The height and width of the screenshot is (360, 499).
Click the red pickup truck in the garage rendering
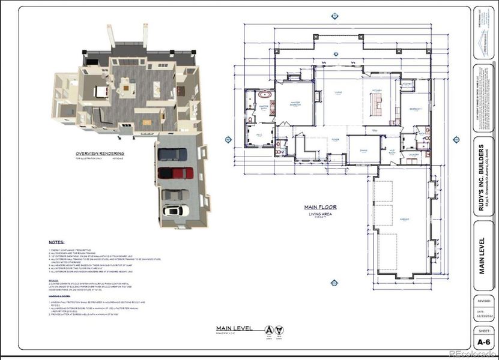[x=175, y=173]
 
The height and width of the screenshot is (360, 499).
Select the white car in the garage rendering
[x=175, y=211]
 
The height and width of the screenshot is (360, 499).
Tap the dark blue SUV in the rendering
[x=173, y=154]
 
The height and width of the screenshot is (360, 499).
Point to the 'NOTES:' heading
[x=58, y=239]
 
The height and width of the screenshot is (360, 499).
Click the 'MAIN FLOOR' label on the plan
[x=320, y=207]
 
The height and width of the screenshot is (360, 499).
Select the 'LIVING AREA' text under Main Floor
[x=320, y=214]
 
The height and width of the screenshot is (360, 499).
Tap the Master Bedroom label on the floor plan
[x=295, y=104]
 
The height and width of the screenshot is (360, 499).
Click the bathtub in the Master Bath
[x=264, y=95]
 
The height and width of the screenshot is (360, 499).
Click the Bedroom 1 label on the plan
[x=416, y=109]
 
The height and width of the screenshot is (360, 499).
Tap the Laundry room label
[x=413, y=155]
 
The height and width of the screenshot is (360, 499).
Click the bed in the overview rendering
[x=100, y=92]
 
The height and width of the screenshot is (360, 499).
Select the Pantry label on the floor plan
[x=407, y=85]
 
